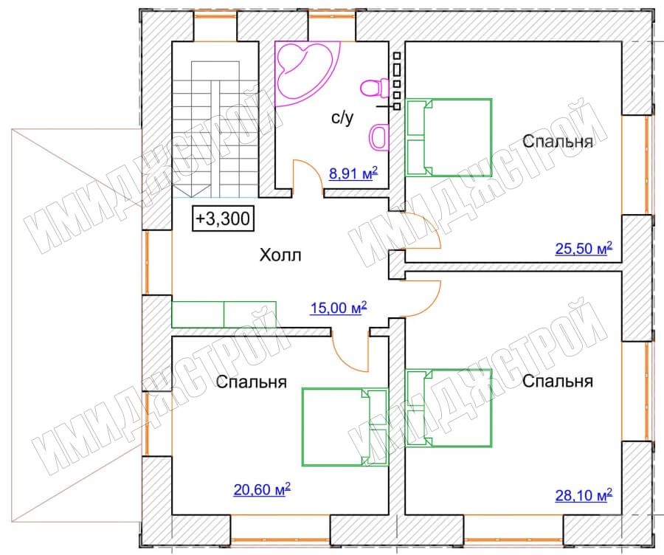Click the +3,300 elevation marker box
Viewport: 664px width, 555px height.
click(223, 218)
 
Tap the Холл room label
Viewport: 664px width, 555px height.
click(280, 255)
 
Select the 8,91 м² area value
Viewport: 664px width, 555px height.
click(353, 173)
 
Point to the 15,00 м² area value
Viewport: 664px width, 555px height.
click(339, 308)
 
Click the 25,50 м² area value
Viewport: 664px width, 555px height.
click(584, 248)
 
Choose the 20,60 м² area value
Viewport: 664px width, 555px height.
click(262, 489)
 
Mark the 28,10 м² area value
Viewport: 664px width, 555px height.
click(584, 494)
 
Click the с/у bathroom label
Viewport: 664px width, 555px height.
click(342, 118)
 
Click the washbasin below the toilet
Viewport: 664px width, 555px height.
click(380, 137)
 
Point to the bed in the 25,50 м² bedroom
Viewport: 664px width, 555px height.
click(449, 137)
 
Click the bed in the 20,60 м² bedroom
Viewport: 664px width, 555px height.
click(345, 427)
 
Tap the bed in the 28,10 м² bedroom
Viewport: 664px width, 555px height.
click(449, 408)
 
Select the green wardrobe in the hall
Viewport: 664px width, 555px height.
click(224, 314)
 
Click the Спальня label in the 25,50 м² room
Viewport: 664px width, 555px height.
click(557, 141)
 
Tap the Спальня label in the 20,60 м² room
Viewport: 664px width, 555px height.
click(251, 382)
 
